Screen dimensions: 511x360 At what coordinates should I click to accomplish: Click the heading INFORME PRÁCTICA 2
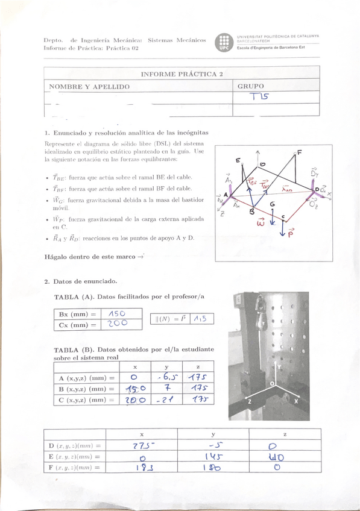tap(182, 74)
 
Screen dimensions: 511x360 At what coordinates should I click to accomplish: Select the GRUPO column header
tap(251, 87)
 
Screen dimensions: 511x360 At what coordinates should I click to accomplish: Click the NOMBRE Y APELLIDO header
tap(89, 87)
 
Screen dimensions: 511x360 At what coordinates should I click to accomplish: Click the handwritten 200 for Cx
tap(117, 324)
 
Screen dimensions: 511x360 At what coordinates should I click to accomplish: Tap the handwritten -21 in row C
tap(166, 400)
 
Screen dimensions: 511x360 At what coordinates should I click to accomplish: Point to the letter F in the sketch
tap(299, 152)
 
